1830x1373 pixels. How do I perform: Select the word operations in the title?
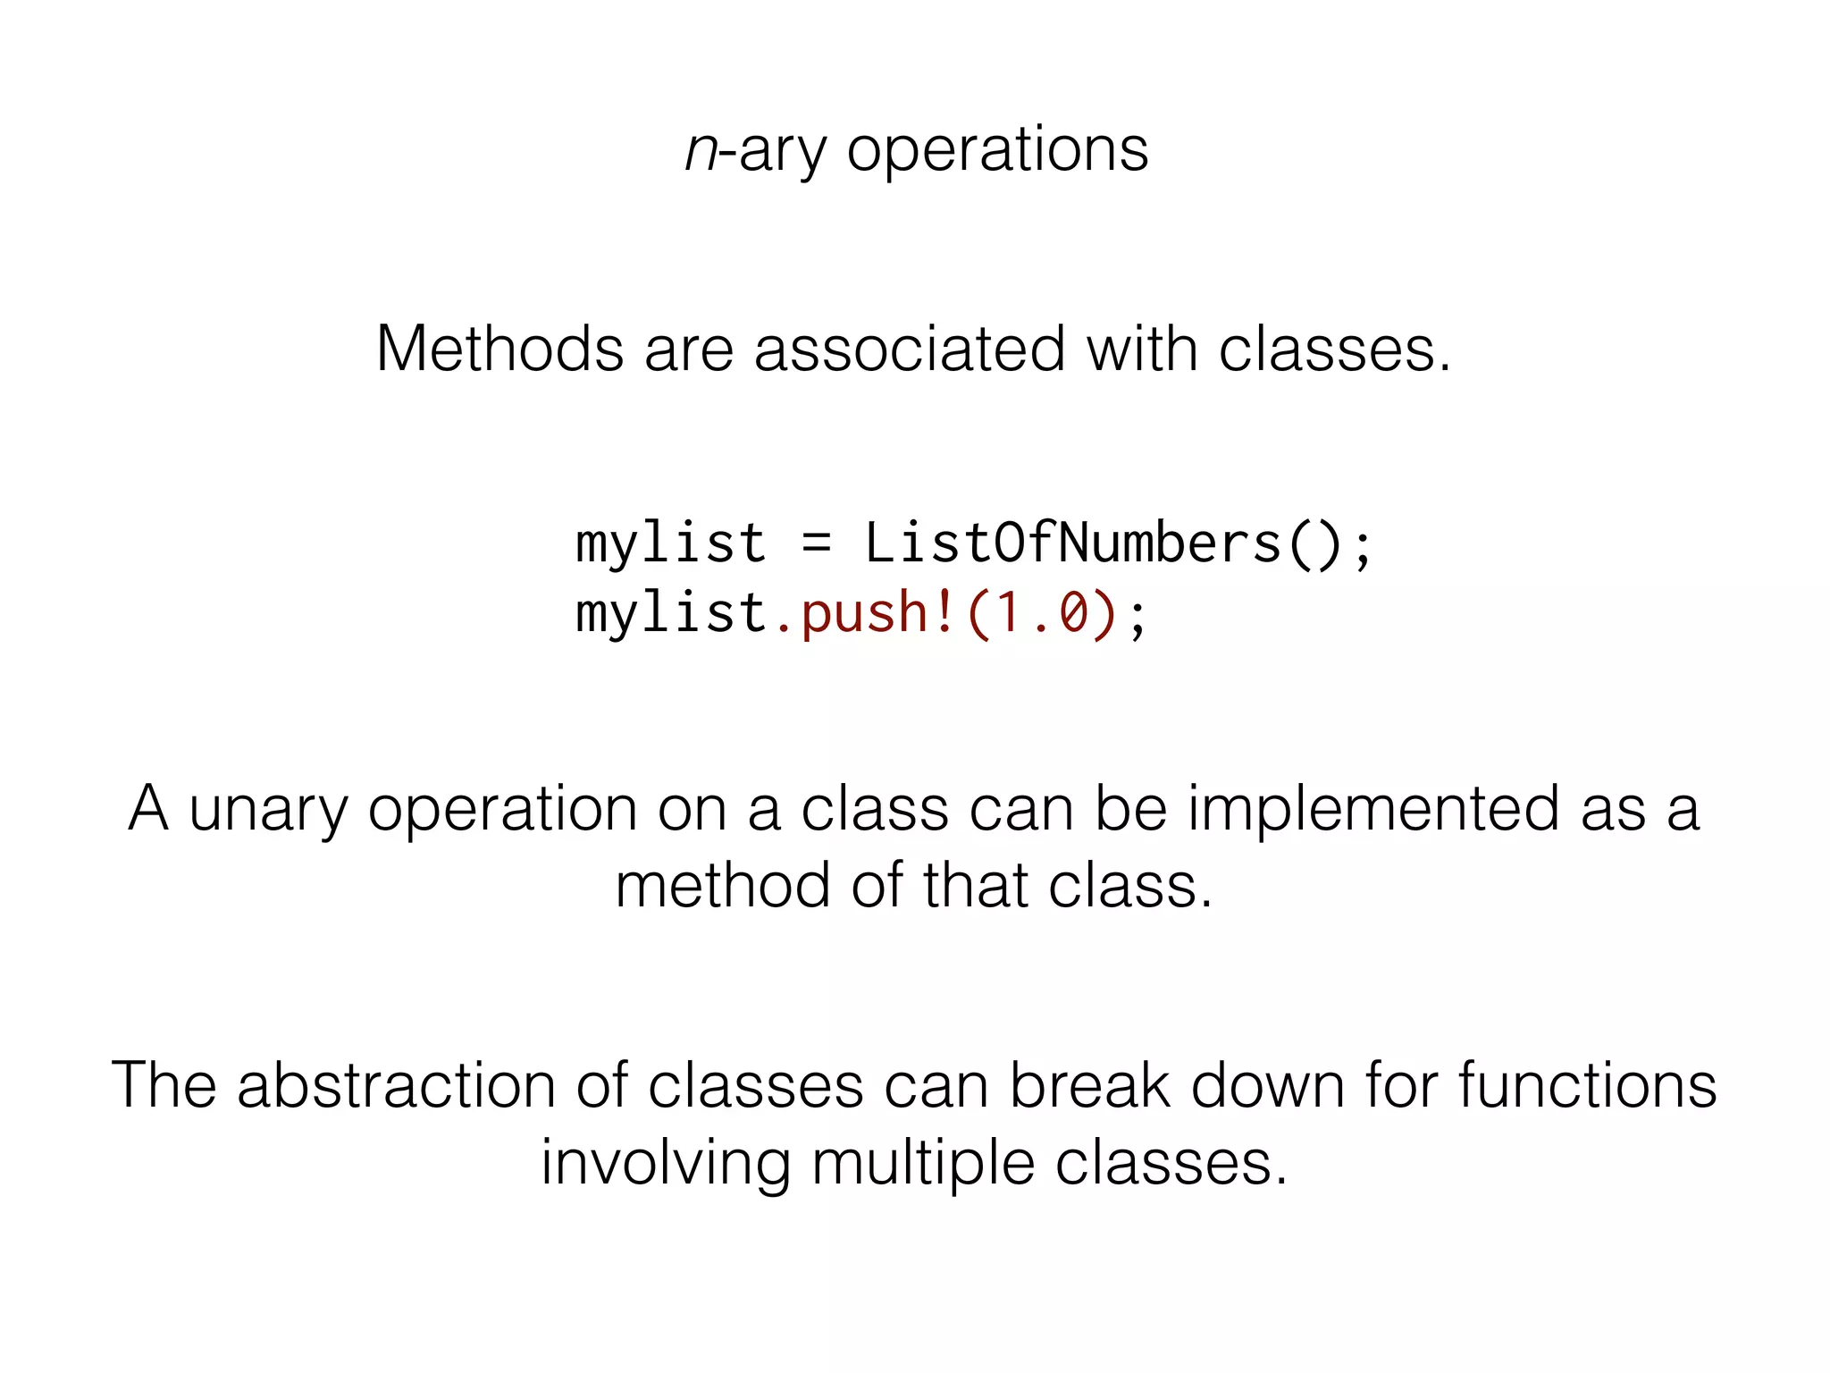pyautogui.click(x=997, y=150)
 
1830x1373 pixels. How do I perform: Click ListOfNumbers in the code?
pyautogui.click(x=1072, y=543)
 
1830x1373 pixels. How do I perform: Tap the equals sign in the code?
pyautogui.click(x=816, y=543)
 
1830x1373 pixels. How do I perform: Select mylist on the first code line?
pyautogui.click(x=671, y=543)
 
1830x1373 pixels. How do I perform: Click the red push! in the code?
pyautogui.click(x=865, y=613)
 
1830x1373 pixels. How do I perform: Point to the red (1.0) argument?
pyautogui.click(x=1042, y=613)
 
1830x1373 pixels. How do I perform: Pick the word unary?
pyautogui.click(x=268, y=810)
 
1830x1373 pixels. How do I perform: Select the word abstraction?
pyautogui.click(x=397, y=1086)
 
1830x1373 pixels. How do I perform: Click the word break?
pyautogui.click(x=1089, y=1086)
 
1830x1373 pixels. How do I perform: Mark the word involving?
pyautogui.click(x=666, y=1164)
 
